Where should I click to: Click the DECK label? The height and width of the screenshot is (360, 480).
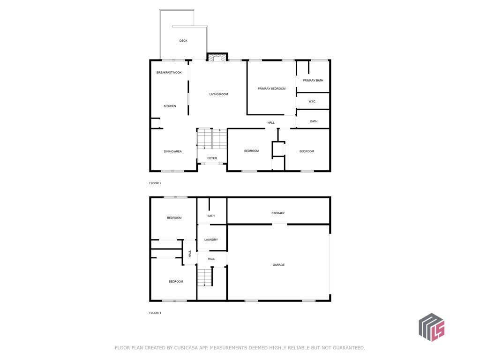pos(183,41)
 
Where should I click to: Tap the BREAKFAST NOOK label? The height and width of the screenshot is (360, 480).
pos(169,73)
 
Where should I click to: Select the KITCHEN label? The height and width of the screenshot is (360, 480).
pos(170,106)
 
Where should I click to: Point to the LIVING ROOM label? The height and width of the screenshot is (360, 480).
pos(218,94)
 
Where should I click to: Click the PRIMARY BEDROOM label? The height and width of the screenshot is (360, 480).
pos(271,89)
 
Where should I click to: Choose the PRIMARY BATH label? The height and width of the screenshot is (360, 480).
pos(313,81)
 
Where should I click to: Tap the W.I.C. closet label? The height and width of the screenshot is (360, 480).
pos(312,101)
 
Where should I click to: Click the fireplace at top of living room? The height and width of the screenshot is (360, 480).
pos(217,57)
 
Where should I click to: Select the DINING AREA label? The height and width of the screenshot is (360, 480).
pos(172,151)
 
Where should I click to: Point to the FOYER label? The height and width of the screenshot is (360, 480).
pos(212,158)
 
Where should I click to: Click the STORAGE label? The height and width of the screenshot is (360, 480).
pos(278,213)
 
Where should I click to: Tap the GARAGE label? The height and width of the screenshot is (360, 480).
pos(278,265)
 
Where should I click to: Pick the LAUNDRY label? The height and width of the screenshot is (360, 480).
pos(211,240)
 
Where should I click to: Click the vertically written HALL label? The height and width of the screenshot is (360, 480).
pos(190,254)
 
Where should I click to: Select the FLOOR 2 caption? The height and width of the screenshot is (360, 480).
pos(155,183)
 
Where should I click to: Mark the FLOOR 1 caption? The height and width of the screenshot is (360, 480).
pos(155,313)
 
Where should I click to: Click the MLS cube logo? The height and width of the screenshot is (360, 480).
pos(432,327)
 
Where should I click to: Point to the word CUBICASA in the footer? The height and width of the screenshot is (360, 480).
pos(187,348)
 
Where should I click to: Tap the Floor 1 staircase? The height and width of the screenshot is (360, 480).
pos(205,277)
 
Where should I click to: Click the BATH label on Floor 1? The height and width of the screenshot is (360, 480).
pos(211,216)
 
